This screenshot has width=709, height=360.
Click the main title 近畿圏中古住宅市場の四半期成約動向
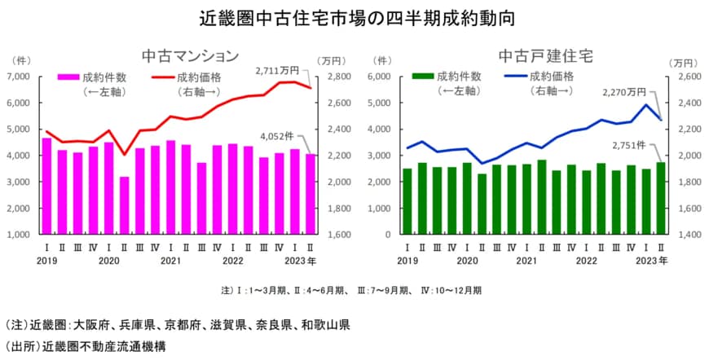(355, 16)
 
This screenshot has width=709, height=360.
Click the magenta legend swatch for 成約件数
(68, 77)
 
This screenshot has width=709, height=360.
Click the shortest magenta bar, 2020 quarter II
(124, 205)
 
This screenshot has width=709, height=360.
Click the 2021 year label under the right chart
(526, 261)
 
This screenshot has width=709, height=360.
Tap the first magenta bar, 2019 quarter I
(46, 186)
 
